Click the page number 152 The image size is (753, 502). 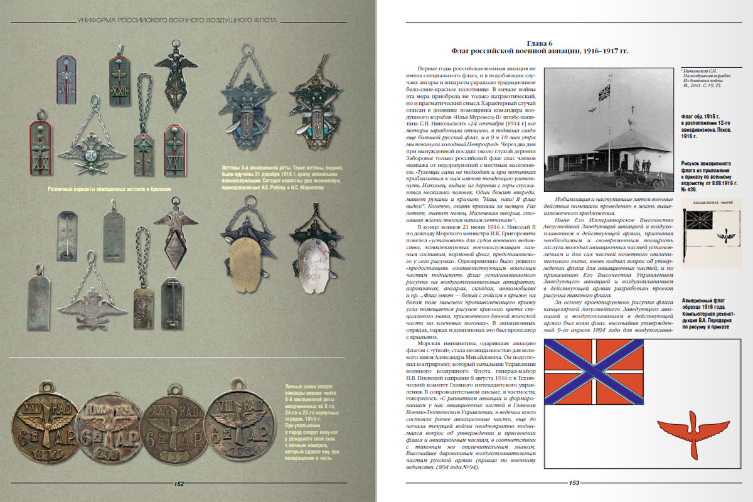click(179, 484)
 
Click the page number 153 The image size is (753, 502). click(574, 483)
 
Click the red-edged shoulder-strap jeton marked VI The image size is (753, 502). click(66, 80)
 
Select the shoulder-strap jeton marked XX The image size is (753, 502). click(41, 147)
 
